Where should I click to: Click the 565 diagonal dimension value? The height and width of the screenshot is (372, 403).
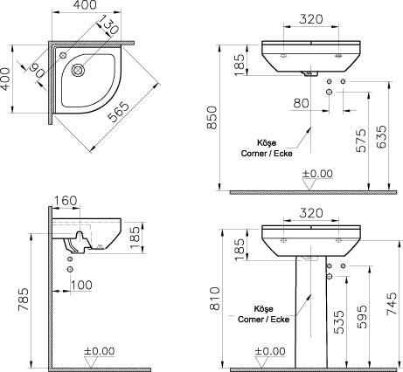pos(118,111)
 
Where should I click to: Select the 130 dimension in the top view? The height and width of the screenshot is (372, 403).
pos(107,24)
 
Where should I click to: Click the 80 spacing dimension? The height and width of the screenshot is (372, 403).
pos(302,103)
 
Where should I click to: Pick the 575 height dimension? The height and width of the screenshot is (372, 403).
pos(361,141)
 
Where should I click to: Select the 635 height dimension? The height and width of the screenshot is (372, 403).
pos(381,137)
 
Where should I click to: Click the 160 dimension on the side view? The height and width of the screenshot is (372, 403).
pos(66,201)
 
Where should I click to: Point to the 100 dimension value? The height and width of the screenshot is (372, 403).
pos(81,285)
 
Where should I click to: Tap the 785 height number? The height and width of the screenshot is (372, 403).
pos(24,300)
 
